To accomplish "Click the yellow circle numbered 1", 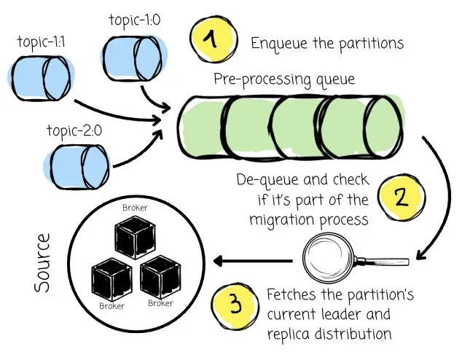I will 213,40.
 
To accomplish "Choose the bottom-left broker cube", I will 111,279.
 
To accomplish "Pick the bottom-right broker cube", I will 159,277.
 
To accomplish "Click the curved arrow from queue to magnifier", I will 438,189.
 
